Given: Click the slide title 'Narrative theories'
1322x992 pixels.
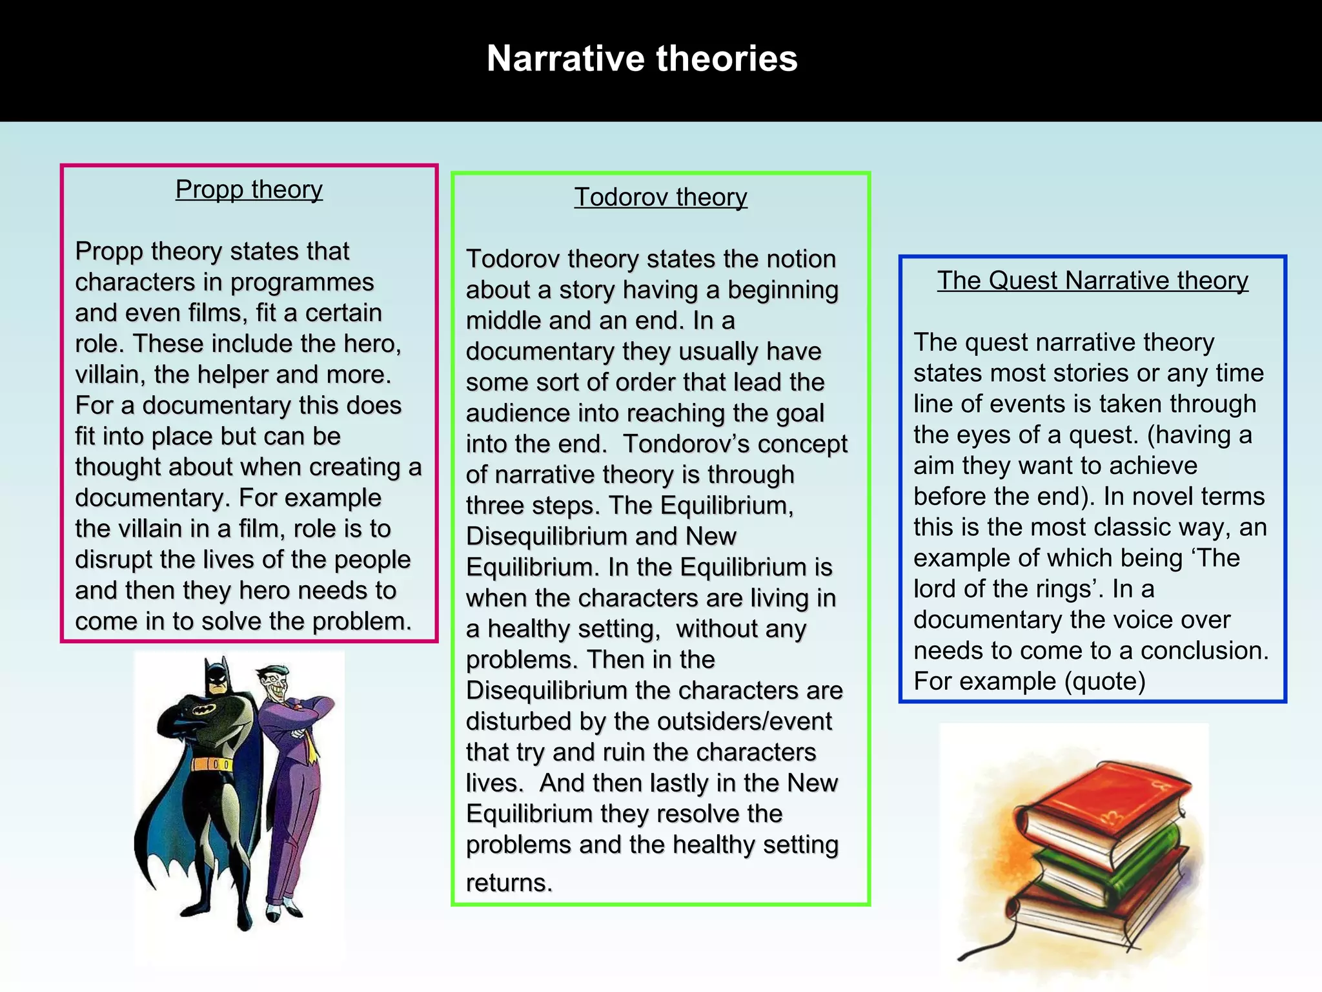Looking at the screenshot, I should click(x=642, y=59).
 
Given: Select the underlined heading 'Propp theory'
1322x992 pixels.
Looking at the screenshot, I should click(x=249, y=190).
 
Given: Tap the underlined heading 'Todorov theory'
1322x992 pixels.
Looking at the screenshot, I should click(x=660, y=197).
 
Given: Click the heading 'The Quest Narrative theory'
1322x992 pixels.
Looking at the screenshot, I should click(x=1092, y=280).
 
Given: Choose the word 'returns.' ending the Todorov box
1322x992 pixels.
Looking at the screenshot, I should click(x=509, y=883).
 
